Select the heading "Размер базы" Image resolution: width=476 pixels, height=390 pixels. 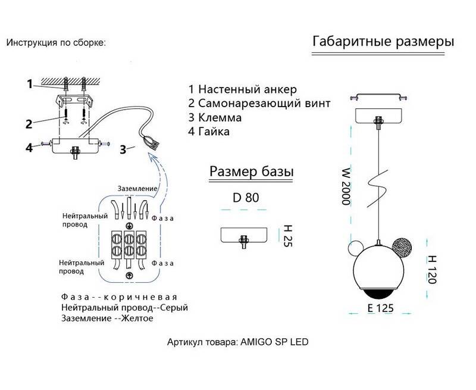pos(251,171)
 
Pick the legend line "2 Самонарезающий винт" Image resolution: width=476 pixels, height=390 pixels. pos(258,103)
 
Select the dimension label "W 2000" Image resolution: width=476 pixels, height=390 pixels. pos(345,185)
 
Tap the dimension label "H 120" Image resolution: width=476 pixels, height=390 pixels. pos(432,269)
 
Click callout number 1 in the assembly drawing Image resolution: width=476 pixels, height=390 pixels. pos(29,85)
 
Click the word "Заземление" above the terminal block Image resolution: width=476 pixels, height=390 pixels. pos(137,189)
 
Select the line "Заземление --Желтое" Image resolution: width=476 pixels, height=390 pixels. pos(107,319)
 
